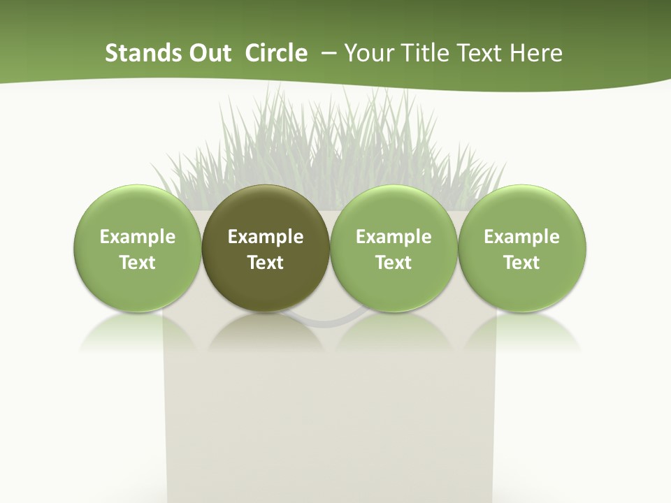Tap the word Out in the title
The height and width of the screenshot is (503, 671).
pyautogui.click(x=208, y=53)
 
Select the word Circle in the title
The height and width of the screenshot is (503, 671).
pyautogui.click(x=276, y=53)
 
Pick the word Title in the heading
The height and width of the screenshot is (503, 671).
pyautogui.click(x=425, y=53)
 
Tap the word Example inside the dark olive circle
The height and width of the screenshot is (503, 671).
pyautogui.click(x=266, y=237)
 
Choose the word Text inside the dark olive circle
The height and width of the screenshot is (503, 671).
pyautogui.click(x=266, y=263)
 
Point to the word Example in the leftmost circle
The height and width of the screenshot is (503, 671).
pyautogui.click(x=138, y=237)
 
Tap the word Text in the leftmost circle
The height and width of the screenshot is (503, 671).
pyautogui.click(x=138, y=263)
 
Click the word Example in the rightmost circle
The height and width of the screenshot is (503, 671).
pyautogui.click(x=522, y=237)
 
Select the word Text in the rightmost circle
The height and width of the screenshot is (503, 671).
pyautogui.click(x=522, y=263)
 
